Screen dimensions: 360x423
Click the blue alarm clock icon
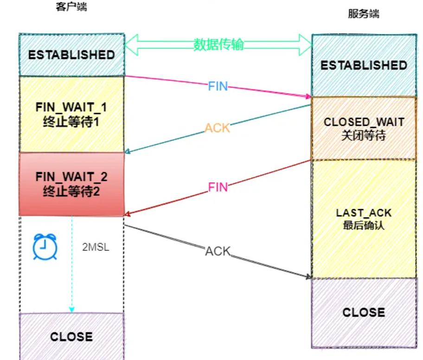tap(45, 246)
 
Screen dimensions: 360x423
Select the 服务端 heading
tap(364, 14)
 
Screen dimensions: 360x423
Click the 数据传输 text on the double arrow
tap(218, 45)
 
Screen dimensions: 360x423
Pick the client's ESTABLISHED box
tap(71, 55)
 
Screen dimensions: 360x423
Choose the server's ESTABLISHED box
tap(364, 65)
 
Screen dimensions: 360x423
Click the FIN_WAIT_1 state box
tap(71, 114)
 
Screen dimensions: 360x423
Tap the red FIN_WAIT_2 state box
tap(71, 184)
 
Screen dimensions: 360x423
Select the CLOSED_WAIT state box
tap(364, 129)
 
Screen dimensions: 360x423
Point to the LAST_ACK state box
tap(364, 219)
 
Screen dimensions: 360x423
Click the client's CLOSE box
tap(71, 336)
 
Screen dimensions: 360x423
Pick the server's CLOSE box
tap(364, 312)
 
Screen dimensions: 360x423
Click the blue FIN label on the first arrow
tap(218, 86)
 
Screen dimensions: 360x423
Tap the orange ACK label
tap(218, 129)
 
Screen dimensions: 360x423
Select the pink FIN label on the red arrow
tap(218, 187)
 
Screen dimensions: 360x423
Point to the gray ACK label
tap(218, 251)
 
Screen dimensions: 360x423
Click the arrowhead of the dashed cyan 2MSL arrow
tap(72, 309)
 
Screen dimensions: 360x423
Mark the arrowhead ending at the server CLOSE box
tap(308, 277)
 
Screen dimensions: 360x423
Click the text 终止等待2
tap(71, 191)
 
